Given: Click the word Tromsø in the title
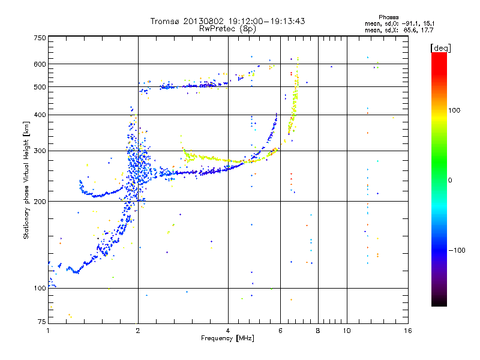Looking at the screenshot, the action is click(166, 21).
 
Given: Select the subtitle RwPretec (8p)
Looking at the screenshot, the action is click(227, 29).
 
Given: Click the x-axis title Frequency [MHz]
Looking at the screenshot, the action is click(227, 338).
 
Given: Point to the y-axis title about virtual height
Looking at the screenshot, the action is click(26, 181).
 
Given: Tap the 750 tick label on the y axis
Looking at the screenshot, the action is click(40, 38).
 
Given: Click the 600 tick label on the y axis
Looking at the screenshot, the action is click(40, 64).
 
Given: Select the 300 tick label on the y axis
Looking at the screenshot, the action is click(40, 151).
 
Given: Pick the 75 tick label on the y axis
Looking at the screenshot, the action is click(41, 322).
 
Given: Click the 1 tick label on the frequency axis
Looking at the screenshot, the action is click(48, 331).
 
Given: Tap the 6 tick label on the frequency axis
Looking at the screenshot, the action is click(280, 331).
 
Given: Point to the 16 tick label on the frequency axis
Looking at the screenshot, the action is click(408, 331).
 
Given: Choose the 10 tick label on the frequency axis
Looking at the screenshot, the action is click(347, 331).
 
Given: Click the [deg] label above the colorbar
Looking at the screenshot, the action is click(440, 48).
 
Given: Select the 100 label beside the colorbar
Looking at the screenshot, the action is click(454, 110).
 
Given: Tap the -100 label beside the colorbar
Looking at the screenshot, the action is click(457, 250).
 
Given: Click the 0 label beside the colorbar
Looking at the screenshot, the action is click(450, 180).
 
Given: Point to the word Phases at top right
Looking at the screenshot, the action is click(388, 17).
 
